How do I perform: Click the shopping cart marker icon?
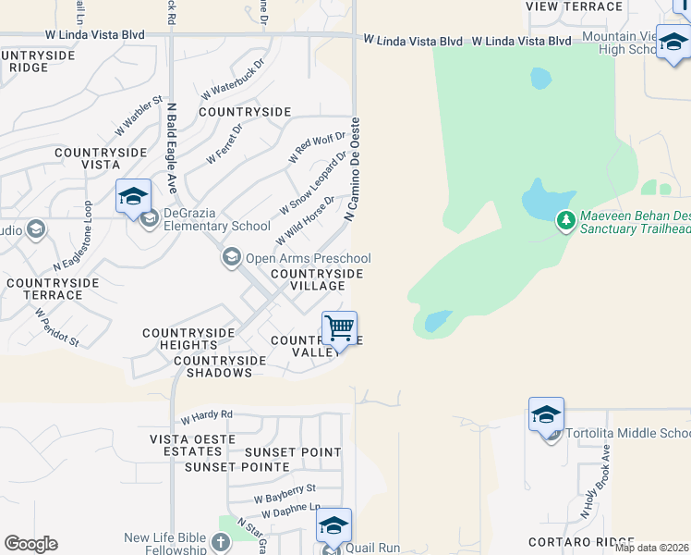pyautogui.click(x=340, y=329)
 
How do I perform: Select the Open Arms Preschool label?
pyautogui.click(x=308, y=259)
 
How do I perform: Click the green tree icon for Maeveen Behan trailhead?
pyautogui.click(x=566, y=221)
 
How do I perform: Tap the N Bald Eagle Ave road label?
pyautogui.click(x=172, y=148)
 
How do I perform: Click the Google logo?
pyautogui.click(x=30, y=544)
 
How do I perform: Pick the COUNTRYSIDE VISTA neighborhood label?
pyautogui.click(x=88, y=157)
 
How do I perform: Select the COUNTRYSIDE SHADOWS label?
pyautogui.click(x=212, y=366)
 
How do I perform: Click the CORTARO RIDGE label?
pyautogui.click(x=582, y=541)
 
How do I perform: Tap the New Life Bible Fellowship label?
pyautogui.click(x=166, y=544)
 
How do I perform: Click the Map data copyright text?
pyautogui.click(x=651, y=547)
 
